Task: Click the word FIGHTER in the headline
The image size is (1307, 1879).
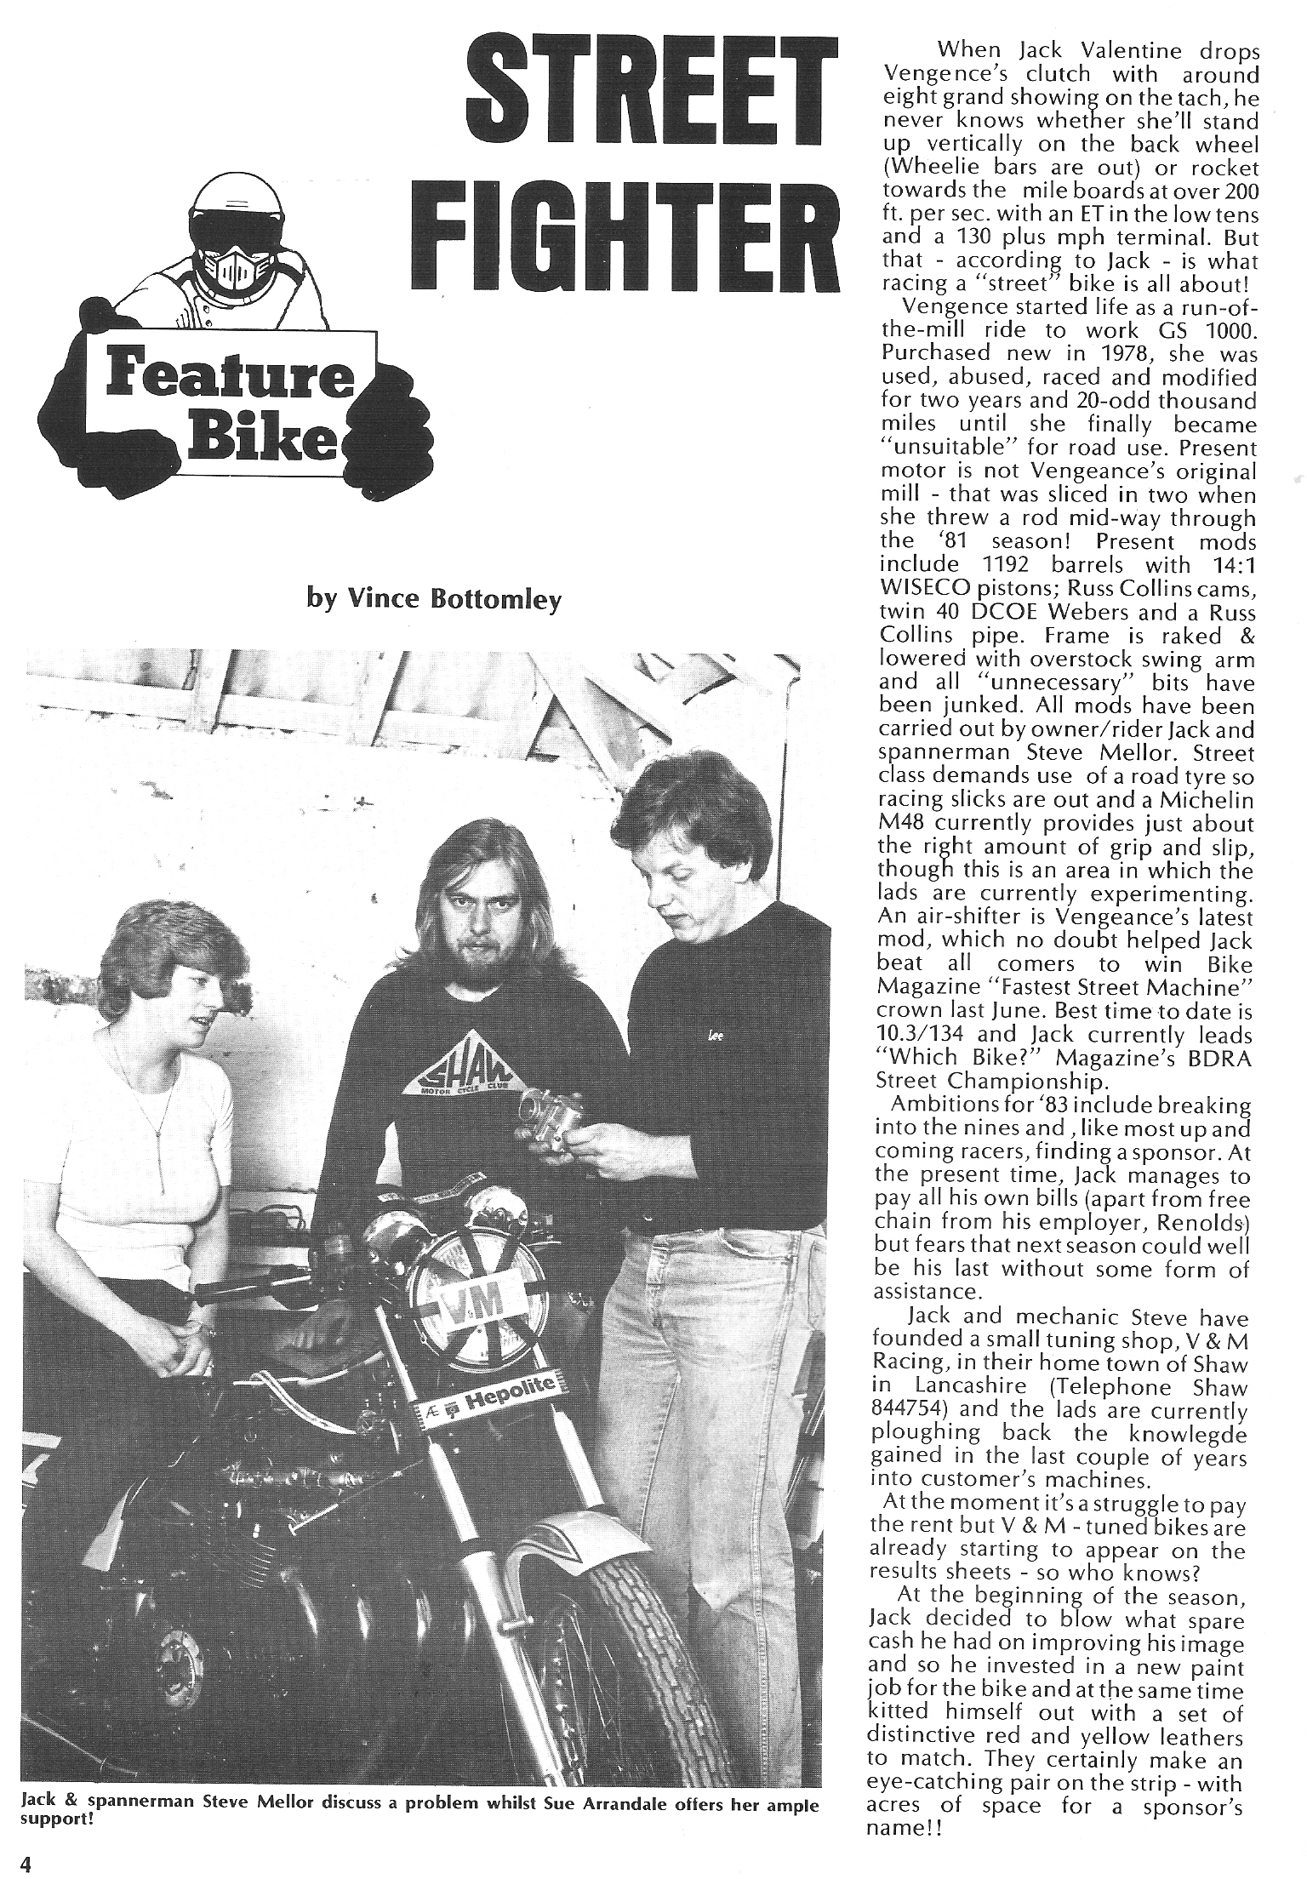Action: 628,236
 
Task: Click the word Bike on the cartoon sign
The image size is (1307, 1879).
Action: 271,440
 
